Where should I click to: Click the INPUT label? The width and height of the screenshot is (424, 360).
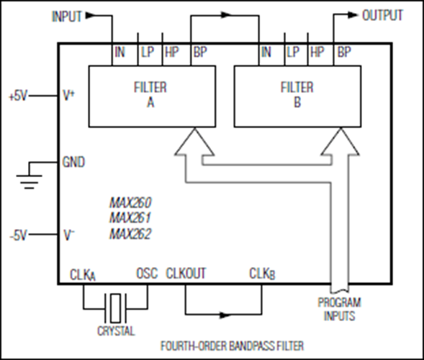click(x=66, y=17)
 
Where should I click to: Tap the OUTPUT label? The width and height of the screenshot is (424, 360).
click(x=382, y=15)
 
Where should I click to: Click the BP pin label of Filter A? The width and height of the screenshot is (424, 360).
click(x=200, y=52)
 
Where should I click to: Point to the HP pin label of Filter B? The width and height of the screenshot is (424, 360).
click(x=317, y=52)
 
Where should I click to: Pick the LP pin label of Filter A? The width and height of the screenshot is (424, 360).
click(x=148, y=52)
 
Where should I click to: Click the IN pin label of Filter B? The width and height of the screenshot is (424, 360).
click(x=266, y=52)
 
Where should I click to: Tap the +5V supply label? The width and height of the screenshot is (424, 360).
click(x=18, y=96)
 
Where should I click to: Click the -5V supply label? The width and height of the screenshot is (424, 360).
click(x=19, y=235)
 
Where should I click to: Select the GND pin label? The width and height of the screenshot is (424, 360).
click(x=73, y=162)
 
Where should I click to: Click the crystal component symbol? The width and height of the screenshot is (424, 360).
click(x=115, y=308)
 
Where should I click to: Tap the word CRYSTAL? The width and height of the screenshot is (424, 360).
click(x=116, y=331)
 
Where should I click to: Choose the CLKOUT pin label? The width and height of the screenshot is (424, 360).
click(x=186, y=273)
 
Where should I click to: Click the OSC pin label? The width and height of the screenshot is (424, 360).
click(x=147, y=273)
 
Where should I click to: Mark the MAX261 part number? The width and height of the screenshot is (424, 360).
click(x=130, y=217)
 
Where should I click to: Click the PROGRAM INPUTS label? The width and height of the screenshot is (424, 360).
click(x=339, y=309)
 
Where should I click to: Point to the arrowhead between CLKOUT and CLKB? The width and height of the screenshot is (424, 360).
click(x=225, y=315)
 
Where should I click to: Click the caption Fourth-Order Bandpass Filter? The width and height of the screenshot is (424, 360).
click(x=233, y=346)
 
